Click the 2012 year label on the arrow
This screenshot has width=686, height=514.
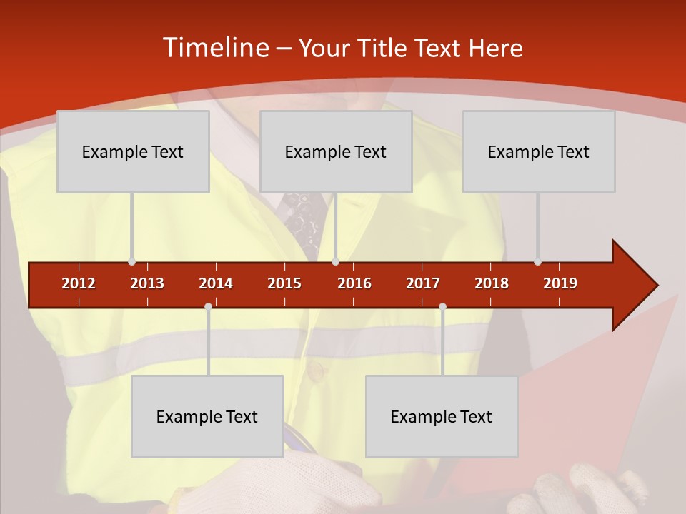(x=79, y=283)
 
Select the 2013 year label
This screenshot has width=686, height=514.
(x=147, y=283)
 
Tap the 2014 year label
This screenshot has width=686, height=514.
(x=216, y=283)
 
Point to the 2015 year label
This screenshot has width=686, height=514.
(x=284, y=283)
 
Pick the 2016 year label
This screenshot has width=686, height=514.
(x=354, y=283)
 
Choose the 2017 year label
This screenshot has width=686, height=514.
(x=423, y=283)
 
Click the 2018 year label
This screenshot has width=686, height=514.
(x=492, y=283)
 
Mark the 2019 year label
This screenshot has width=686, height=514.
(x=560, y=283)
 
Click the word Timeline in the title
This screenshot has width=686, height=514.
(x=215, y=48)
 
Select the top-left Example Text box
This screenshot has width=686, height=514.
(x=133, y=151)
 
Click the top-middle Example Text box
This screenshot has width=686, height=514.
(x=336, y=151)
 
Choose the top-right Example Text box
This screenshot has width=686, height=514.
(x=539, y=151)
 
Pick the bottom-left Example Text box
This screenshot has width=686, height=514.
(x=207, y=416)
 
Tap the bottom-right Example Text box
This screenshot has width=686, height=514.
(x=442, y=416)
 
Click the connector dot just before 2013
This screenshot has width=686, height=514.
(x=131, y=262)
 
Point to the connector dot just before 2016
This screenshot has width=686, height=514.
(x=335, y=262)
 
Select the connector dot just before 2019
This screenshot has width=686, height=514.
(x=537, y=262)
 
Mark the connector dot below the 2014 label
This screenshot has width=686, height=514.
(x=208, y=307)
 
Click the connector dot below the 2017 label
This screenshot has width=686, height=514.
(x=442, y=307)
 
